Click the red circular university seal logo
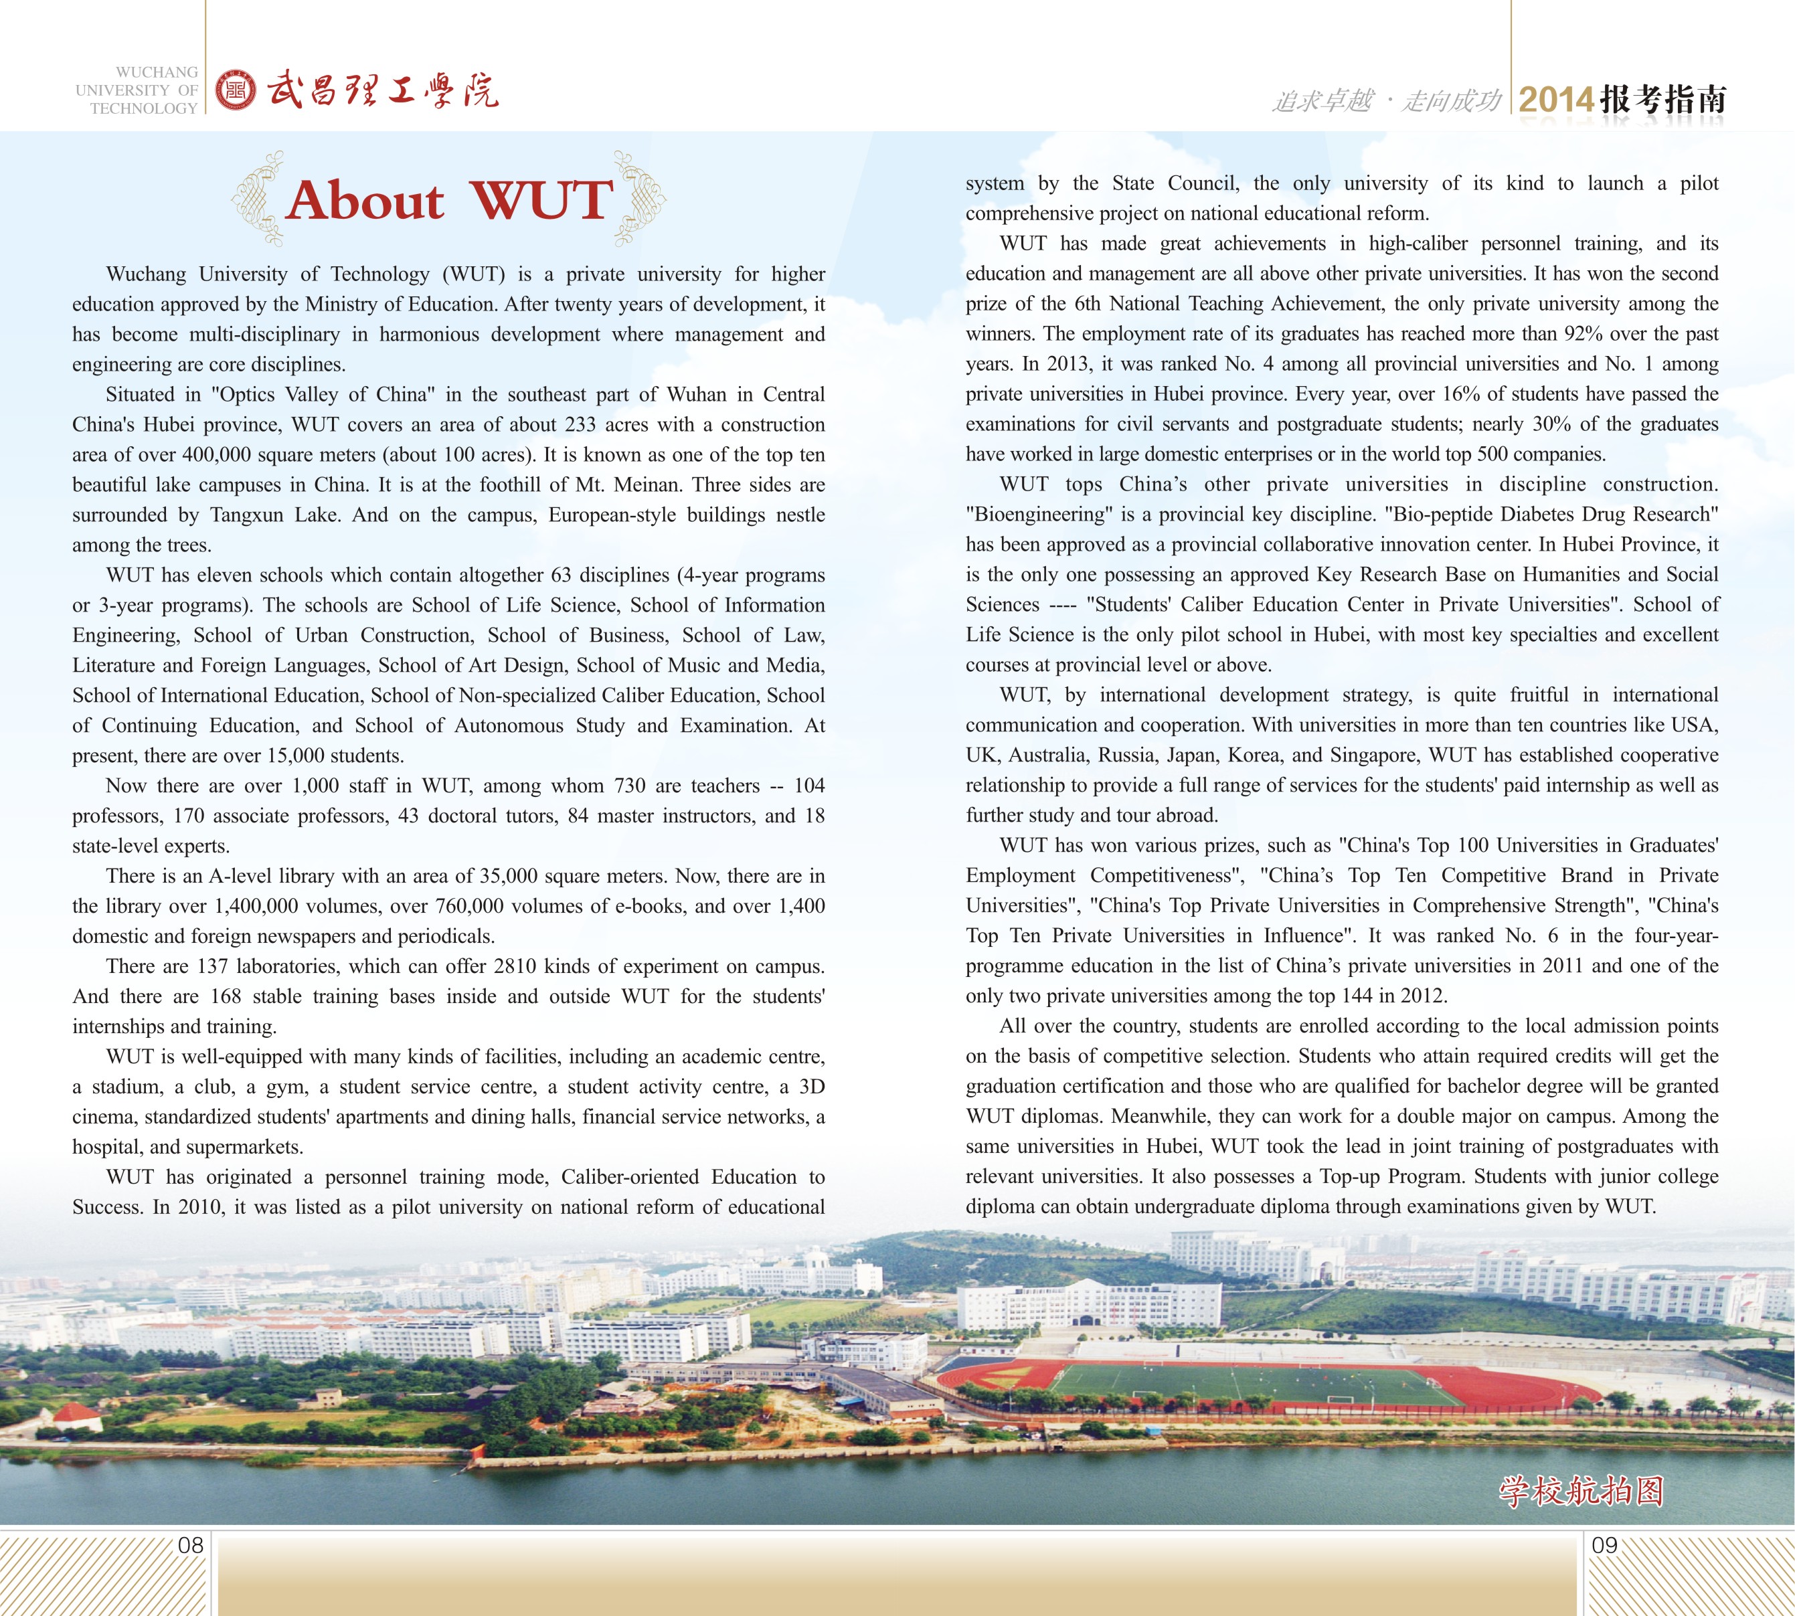pos(236,90)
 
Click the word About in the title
pos(365,200)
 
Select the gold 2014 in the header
pos(1556,100)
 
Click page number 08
pos(191,1545)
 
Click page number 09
pos(1604,1545)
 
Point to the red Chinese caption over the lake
pos(1581,1492)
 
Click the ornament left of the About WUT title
pos(258,199)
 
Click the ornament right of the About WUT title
pos(639,199)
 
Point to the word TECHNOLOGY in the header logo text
pos(144,108)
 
